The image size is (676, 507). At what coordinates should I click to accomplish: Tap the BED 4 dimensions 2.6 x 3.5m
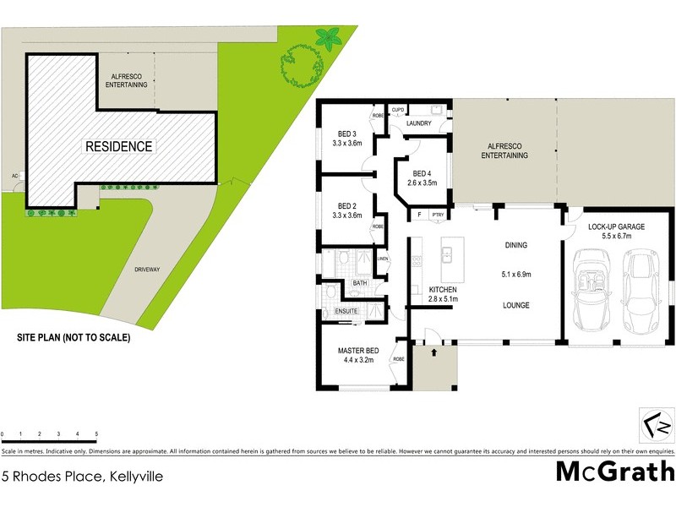click(421, 182)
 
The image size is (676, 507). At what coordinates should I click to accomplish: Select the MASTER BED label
click(358, 351)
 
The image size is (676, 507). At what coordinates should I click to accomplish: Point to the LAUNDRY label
click(418, 124)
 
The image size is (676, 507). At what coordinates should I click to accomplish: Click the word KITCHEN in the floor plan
click(420, 289)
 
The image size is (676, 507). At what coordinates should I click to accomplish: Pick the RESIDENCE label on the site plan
click(119, 146)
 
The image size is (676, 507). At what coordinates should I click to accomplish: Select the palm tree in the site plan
click(326, 37)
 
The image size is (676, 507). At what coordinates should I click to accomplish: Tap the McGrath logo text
click(614, 471)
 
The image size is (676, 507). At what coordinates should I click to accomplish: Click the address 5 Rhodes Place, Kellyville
click(82, 477)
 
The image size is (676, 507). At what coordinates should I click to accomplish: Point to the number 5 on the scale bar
click(97, 434)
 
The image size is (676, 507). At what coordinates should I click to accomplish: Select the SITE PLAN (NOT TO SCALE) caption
click(74, 337)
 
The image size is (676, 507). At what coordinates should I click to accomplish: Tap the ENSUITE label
click(347, 311)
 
